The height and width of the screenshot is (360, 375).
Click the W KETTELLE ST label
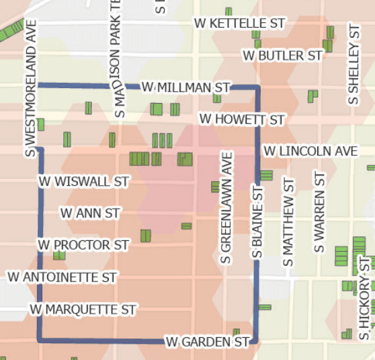coord(240,23)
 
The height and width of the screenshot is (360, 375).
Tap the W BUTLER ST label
coord(282,55)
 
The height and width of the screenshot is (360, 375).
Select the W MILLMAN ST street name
coord(186,87)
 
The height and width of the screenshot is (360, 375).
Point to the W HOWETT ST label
coord(242,120)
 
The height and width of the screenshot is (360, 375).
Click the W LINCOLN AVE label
coord(310,151)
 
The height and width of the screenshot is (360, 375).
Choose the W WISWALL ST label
coord(83,182)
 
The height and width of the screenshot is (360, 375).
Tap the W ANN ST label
coord(90,213)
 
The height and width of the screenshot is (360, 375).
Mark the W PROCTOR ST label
coord(83,244)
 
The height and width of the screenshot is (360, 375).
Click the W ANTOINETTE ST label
coord(62,277)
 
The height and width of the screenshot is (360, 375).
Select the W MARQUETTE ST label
coord(83,310)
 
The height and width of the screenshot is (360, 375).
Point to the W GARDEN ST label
coord(208,342)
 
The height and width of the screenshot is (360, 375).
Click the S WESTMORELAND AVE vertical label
coord(30,87)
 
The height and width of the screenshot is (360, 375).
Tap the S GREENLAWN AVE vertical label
coord(227,207)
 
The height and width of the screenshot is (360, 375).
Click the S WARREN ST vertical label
coord(319,212)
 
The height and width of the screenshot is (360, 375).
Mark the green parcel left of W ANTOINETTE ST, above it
coord(59,256)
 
